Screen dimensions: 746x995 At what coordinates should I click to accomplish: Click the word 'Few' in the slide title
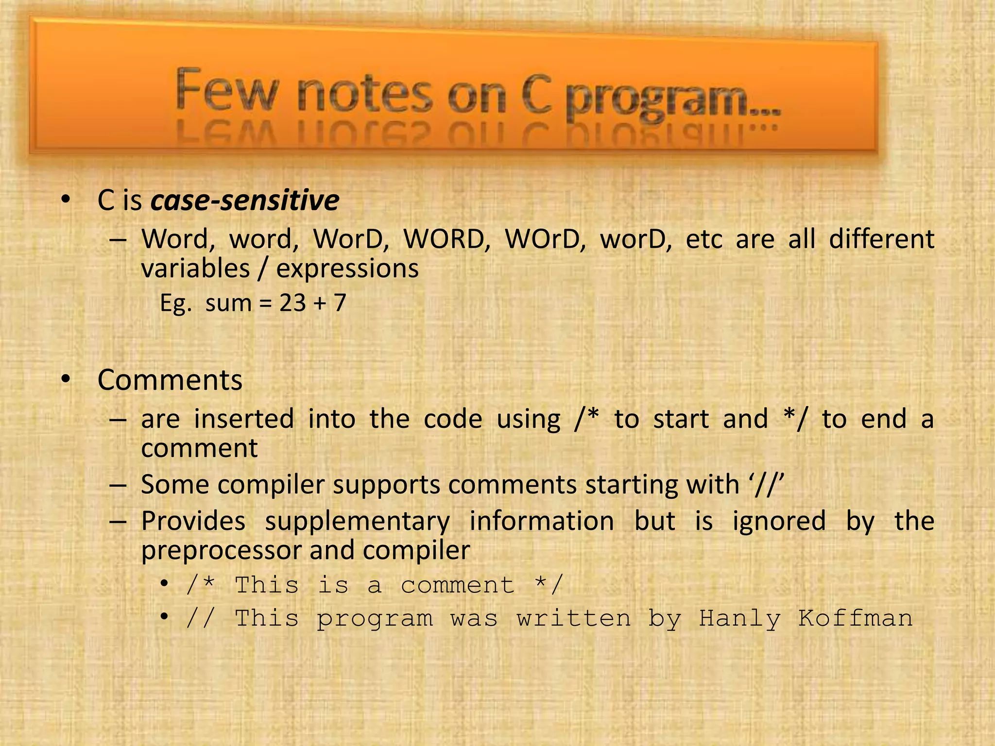pos(226,90)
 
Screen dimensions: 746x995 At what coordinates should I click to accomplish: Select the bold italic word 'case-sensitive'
pos(245,200)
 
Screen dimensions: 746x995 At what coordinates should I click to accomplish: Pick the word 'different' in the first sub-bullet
pos(881,239)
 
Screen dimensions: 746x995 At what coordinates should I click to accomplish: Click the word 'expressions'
pos(347,269)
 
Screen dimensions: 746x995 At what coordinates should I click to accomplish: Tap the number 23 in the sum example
pos(292,303)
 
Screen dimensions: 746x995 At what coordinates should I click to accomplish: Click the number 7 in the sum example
pos(340,303)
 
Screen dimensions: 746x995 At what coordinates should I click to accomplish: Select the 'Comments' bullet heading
pos(170,380)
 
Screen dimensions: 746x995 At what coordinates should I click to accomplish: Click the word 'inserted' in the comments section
pos(244,419)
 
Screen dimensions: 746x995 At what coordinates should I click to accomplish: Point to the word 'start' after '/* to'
pos(681,419)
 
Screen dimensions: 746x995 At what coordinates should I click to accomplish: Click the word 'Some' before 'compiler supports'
pos(172,485)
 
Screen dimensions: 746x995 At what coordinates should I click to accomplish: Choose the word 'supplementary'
pos(357,522)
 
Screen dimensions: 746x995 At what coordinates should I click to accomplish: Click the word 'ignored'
pos(779,522)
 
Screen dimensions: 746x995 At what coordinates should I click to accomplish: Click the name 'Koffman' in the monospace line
pos(855,619)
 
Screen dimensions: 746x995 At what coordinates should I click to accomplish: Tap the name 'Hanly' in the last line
pos(739,619)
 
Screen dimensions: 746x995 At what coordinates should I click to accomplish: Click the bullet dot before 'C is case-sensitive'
pos(66,199)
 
